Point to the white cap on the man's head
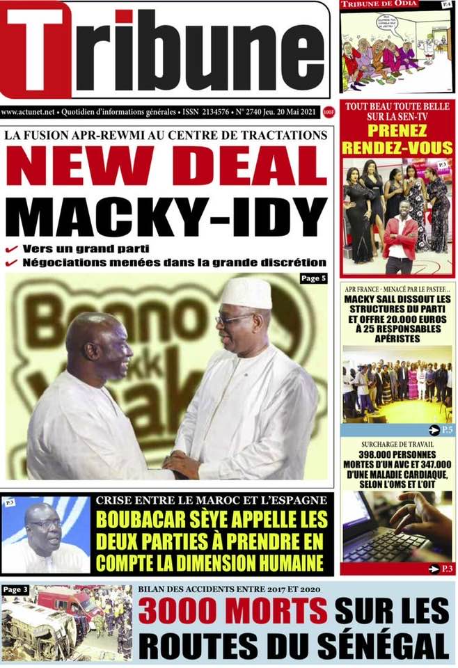coord(246,293)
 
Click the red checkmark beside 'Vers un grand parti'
coord(12,248)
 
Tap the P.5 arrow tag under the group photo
coord(441,429)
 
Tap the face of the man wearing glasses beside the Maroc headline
coord(43,529)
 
